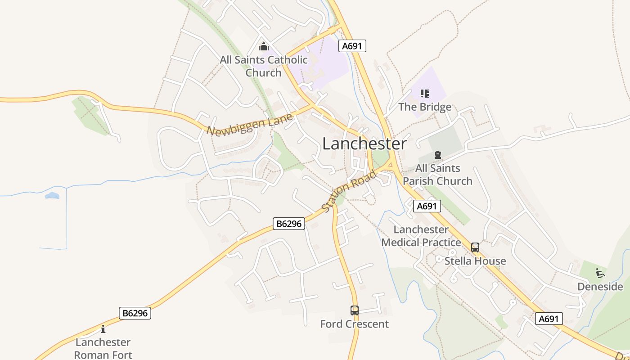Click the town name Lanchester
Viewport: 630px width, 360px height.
pyautogui.click(x=364, y=144)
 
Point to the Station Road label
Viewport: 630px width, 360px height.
pyautogui.click(x=349, y=191)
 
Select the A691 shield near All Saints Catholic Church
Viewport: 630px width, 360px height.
pyautogui.click(x=353, y=46)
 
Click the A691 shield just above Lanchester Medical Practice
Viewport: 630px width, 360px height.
pyautogui.click(x=427, y=206)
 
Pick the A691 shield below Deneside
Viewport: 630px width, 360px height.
pyautogui.click(x=549, y=319)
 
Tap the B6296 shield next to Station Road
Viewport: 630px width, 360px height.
pyautogui.click(x=289, y=224)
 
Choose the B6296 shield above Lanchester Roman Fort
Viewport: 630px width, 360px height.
pyautogui.click(x=135, y=313)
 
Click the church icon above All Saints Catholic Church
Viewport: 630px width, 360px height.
pyautogui.click(x=264, y=46)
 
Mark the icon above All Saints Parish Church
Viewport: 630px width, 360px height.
pyautogui.click(x=437, y=155)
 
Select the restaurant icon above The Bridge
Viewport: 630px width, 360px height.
pyautogui.click(x=425, y=94)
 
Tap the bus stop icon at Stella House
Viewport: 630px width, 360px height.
pyautogui.click(x=475, y=247)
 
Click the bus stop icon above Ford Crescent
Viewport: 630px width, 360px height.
pyautogui.click(x=355, y=310)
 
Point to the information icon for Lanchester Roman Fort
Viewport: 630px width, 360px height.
pyautogui.click(x=103, y=329)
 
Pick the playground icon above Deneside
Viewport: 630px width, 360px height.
pyautogui.click(x=600, y=273)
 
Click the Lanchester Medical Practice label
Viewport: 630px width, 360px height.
pyautogui.click(x=421, y=236)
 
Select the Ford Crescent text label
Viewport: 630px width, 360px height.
pyautogui.click(x=354, y=324)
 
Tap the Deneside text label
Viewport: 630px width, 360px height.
pyautogui.click(x=600, y=287)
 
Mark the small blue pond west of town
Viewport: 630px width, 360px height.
pyautogui.click(x=52, y=196)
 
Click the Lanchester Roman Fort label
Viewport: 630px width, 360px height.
pyautogui.click(x=103, y=348)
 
